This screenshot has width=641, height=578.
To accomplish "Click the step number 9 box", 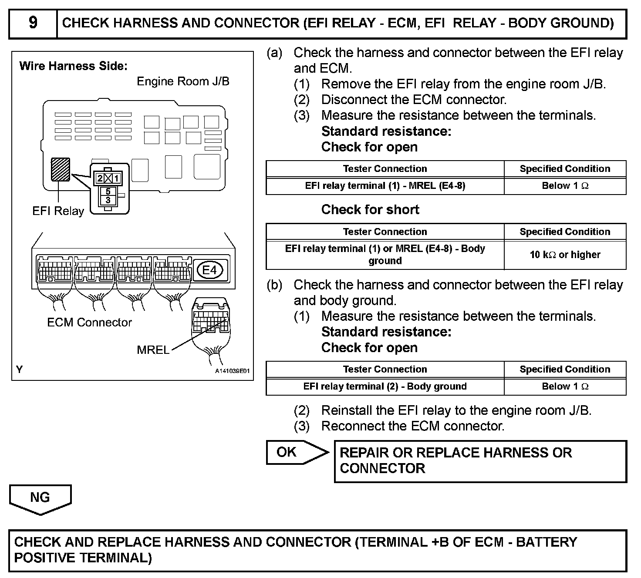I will (x=33, y=23).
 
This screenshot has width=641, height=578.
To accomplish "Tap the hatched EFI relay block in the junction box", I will (x=61, y=169).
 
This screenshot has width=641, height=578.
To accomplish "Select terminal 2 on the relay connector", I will (x=100, y=178).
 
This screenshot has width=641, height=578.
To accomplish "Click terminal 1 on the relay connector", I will (x=116, y=178).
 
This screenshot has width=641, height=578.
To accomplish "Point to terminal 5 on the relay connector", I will (x=108, y=192).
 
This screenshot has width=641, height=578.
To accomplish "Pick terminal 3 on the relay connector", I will (x=108, y=200).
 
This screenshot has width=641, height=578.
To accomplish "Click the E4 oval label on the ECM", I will (x=209, y=270).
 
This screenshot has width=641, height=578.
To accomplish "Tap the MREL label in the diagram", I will (x=153, y=350).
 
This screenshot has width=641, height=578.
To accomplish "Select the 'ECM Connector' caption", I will (x=89, y=323).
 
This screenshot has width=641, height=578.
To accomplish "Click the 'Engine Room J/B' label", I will (x=183, y=81).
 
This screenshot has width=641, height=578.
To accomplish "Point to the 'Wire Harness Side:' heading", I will (x=74, y=66).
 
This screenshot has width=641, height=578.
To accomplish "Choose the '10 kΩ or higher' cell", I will (x=565, y=255).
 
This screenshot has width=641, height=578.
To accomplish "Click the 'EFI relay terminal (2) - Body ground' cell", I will (x=385, y=386).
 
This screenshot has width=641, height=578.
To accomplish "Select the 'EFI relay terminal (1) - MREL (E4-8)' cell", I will (x=385, y=186).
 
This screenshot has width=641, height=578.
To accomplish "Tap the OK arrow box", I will (x=296, y=452).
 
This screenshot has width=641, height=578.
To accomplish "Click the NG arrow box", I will (x=40, y=498).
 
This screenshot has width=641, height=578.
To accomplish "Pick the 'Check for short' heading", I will (x=370, y=209).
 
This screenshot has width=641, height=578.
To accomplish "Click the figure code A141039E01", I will (x=233, y=371).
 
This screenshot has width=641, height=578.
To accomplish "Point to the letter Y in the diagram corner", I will (x=20, y=370).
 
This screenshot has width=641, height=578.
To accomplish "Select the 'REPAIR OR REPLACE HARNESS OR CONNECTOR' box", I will (x=480, y=461).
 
